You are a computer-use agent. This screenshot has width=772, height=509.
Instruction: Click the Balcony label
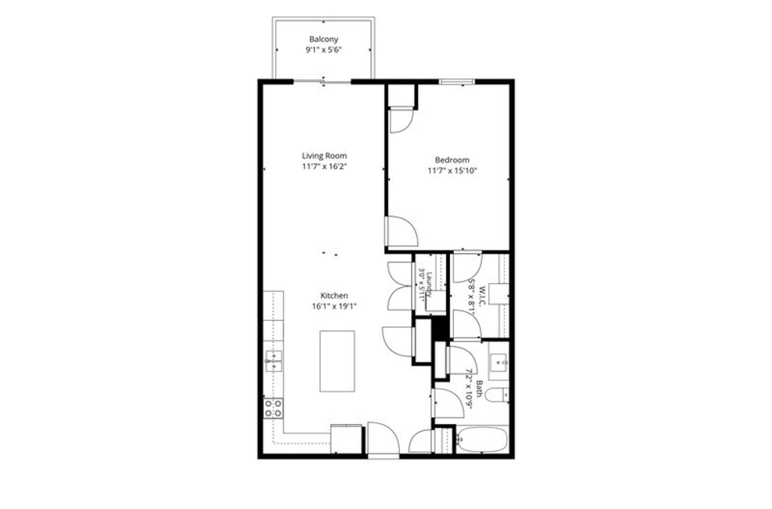323,39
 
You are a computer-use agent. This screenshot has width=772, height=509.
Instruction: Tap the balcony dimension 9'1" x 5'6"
323,50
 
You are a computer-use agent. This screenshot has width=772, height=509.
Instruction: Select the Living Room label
324,156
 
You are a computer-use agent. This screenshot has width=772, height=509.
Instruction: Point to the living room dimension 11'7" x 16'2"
324,166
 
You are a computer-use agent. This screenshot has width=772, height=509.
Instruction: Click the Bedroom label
452,160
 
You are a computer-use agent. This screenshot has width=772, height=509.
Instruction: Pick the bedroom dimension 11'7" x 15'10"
452,171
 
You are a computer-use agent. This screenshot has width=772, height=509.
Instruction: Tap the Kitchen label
334,295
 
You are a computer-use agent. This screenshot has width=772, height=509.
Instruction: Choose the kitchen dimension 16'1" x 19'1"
334,306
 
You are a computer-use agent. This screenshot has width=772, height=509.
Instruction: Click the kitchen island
337,361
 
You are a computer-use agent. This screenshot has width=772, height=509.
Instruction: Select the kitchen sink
273,361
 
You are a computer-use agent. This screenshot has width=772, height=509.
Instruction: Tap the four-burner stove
273,408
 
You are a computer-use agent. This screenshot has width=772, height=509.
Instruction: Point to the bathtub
482,439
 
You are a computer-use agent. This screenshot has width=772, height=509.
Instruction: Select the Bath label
479,389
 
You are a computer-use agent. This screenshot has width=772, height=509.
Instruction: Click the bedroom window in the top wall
457,82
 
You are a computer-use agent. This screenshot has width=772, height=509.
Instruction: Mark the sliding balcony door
322,82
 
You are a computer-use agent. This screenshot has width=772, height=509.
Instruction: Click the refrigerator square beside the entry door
346,439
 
